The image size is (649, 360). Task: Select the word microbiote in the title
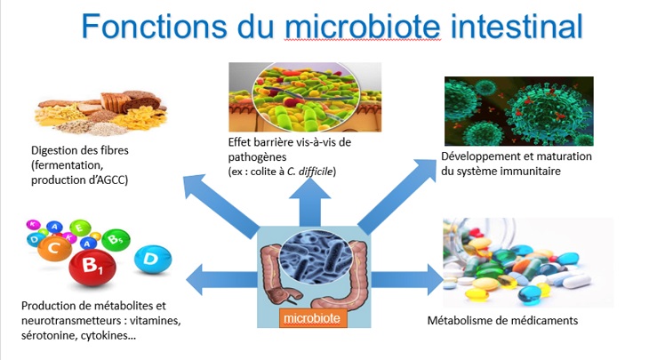pyautogui.click(x=363, y=26)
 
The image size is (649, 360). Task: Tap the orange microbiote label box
pyautogui.click(x=312, y=318)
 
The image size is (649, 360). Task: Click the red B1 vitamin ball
pyautogui.click(x=92, y=268)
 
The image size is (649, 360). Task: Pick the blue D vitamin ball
pyautogui.click(x=153, y=260)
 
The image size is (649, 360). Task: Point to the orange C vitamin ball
pyautogui.click(x=54, y=248)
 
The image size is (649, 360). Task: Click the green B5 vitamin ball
pyautogui.click(x=116, y=240)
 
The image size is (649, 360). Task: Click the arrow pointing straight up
pyautogui.click(x=309, y=203)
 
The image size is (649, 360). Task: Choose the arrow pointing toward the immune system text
pyautogui.click(x=397, y=196)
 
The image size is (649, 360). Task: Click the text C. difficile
pyautogui.click(x=310, y=172)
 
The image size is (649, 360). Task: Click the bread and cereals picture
pyautogui.click(x=100, y=113)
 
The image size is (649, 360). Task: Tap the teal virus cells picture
pyautogui.click(x=519, y=111)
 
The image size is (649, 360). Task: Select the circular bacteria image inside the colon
pyautogui.click(x=316, y=257)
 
